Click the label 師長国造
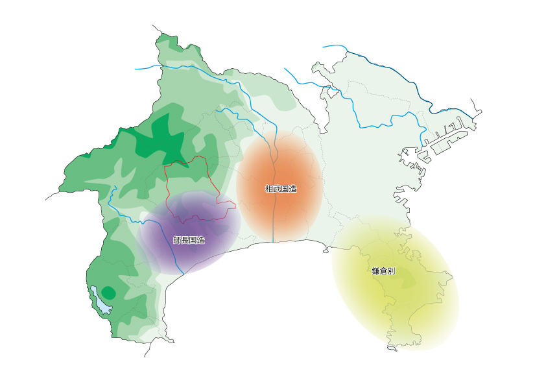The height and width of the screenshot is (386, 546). pyautogui.click(x=189, y=240)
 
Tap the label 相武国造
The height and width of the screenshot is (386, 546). pyautogui.click(x=281, y=189)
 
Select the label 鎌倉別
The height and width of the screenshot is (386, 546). pyautogui.click(x=384, y=271)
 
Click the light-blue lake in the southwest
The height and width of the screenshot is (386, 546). pyautogui.click(x=101, y=299)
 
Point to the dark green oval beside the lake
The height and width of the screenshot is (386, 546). pyautogui.click(x=109, y=293)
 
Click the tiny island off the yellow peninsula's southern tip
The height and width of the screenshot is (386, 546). pyautogui.click(x=392, y=349)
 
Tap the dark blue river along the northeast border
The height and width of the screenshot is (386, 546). pyautogui.click(x=389, y=68)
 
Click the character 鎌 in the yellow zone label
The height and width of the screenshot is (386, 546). pyautogui.click(x=376, y=271)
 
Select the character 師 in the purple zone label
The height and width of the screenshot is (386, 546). pyautogui.click(x=177, y=240)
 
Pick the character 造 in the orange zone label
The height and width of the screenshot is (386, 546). pyautogui.click(x=292, y=189)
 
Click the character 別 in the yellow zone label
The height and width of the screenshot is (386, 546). pyautogui.click(x=392, y=271)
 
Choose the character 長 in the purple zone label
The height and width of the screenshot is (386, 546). pyautogui.click(x=185, y=240)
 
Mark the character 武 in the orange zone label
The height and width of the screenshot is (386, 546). pyautogui.click(x=277, y=189)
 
